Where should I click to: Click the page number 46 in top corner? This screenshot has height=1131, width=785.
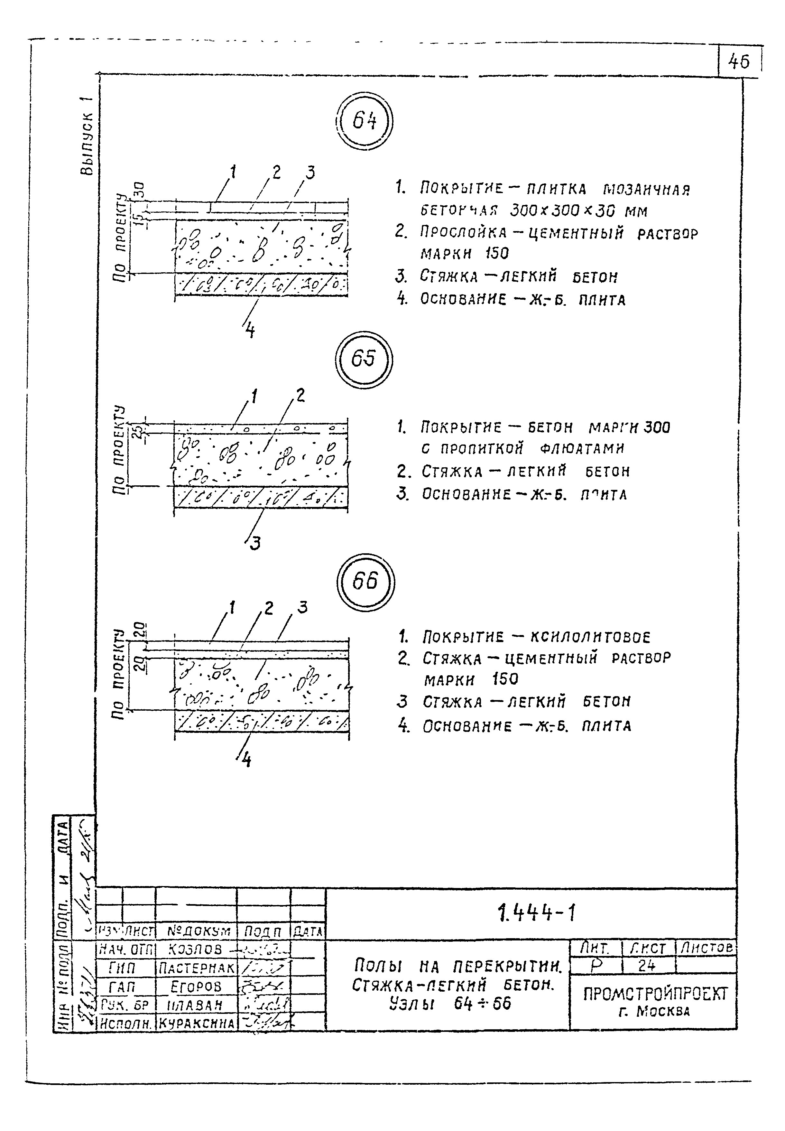[x=739, y=62]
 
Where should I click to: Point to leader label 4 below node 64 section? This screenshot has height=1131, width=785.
[x=250, y=331]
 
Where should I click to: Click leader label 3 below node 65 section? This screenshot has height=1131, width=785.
[x=255, y=544]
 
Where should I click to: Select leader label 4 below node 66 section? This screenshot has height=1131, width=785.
[x=246, y=761]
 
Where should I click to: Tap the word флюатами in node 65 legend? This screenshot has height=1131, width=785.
[x=582, y=449]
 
